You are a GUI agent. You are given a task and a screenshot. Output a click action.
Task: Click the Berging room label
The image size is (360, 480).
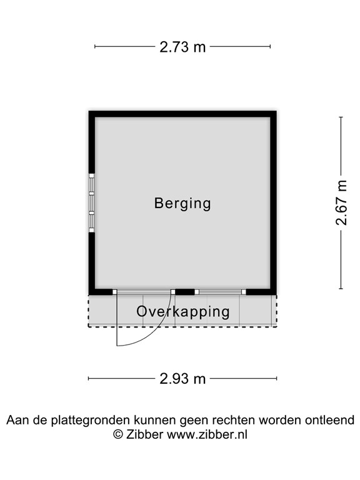[x=182, y=203]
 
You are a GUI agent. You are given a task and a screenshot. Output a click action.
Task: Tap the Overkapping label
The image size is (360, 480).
[x=183, y=311]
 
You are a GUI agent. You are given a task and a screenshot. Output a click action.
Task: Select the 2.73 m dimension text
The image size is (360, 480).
[x=182, y=46]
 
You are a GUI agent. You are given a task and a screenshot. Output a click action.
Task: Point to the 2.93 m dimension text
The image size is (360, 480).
[x=182, y=378]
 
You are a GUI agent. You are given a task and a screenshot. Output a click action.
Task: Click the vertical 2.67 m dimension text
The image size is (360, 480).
[x=341, y=202]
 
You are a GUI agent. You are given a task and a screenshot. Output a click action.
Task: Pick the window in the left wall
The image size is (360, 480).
[x=91, y=203]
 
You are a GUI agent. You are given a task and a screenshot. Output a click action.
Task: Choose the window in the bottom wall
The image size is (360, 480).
[x=219, y=292]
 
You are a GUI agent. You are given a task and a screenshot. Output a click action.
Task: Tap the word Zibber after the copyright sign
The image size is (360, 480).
[x=145, y=434]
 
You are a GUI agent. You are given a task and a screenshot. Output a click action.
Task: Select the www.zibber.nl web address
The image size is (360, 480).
[x=207, y=434]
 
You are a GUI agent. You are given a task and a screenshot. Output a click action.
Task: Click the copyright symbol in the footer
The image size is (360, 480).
[x=117, y=434]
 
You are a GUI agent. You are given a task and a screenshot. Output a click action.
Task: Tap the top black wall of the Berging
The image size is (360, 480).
[x=182, y=114]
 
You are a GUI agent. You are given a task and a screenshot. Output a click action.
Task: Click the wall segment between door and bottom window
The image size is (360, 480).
[x=184, y=292]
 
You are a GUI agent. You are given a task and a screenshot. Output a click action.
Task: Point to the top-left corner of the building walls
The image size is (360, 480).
[x=91, y=114]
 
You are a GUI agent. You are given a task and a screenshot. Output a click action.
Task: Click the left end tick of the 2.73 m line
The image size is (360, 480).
[x=95, y=46]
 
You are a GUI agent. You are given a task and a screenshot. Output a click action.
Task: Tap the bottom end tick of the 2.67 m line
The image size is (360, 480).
[x=341, y=289]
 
